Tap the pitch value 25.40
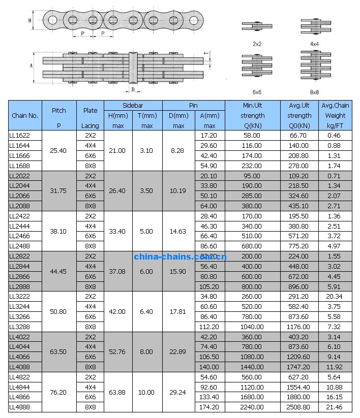coord(59,151)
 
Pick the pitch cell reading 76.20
coord(59,392)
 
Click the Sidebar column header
coord(133,105)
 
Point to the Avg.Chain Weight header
coord(335,115)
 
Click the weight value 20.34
coord(334,297)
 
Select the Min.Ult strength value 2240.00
coord(252,407)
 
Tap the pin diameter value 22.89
coord(178,352)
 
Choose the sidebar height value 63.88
coord(118,392)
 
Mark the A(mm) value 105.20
coord(209,286)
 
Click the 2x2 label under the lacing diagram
coord(257,44)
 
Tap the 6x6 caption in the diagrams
coord(257,92)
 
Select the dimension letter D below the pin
coord(133,89)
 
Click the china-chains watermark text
coord(181,256)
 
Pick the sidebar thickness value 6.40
coord(146,311)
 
